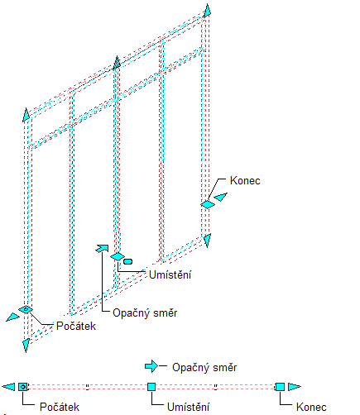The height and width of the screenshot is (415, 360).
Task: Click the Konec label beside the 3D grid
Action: click(245, 181)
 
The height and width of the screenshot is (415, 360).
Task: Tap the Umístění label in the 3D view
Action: click(170, 274)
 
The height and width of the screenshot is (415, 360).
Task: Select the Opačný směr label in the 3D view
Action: click(145, 313)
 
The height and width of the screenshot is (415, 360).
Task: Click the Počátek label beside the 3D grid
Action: click(76, 326)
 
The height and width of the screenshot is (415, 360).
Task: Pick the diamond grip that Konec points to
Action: click(208, 204)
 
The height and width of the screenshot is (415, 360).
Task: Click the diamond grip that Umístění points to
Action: click(118, 256)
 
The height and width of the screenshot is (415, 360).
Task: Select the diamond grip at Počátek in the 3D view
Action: click(26, 310)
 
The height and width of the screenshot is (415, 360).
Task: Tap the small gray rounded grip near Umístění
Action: click(127, 261)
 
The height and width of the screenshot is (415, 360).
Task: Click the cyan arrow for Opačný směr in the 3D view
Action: click(102, 248)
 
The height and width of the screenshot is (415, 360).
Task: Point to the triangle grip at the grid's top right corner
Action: click(207, 11)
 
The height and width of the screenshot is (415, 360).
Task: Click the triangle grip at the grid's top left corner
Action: click(26, 115)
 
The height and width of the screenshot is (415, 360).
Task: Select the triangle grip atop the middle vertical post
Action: click(117, 63)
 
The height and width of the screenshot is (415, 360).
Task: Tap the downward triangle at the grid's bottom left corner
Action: click(26, 346)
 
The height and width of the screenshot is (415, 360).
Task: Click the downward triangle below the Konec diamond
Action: click(207, 240)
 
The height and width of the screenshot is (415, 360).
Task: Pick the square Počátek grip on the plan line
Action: click(23, 387)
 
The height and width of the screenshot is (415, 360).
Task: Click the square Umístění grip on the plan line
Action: click(151, 387)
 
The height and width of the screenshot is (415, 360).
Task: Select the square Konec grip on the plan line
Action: click(280, 387)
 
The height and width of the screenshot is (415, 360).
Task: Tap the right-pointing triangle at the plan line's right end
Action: click(294, 387)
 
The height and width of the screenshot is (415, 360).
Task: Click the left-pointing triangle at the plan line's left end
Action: click(8, 387)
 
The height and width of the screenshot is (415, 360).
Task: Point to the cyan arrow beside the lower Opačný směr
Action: click(151, 366)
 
